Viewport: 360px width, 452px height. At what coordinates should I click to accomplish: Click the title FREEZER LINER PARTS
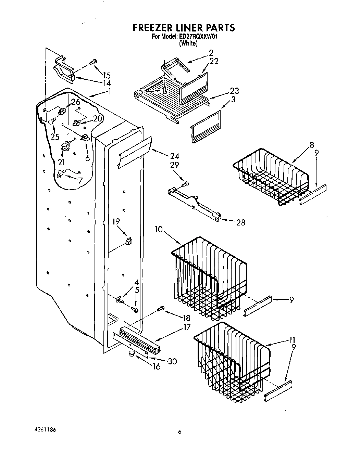pyautogui.click(x=183, y=27)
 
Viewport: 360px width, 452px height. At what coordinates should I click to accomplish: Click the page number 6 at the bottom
pyautogui.click(x=179, y=432)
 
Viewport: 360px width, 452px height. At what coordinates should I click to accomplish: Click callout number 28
pyautogui.click(x=241, y=222)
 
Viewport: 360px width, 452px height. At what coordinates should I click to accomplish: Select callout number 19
pyautogui.click(x=116, y=221)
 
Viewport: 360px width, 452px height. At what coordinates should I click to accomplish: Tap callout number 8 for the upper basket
pyautogui.click(x=312, y=145)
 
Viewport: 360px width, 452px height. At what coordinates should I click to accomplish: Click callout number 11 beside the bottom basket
pyautogui.click(x=291, y=340)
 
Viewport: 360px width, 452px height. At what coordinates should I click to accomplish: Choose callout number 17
pyautogui.click(x=186, y=327)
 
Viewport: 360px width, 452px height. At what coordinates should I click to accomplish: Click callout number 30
pyautogui.click(x=172, y=361)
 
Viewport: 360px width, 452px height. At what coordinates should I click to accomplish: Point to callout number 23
pyautogui.click(x=235, y=91)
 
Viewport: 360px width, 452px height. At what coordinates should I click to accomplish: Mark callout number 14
pyautogui.click(x=107, y=83)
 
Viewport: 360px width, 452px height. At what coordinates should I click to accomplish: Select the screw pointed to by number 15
pyautogui.click(x=93, y=62)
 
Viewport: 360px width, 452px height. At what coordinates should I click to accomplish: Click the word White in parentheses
pyautogui.click(x=188, y=43)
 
